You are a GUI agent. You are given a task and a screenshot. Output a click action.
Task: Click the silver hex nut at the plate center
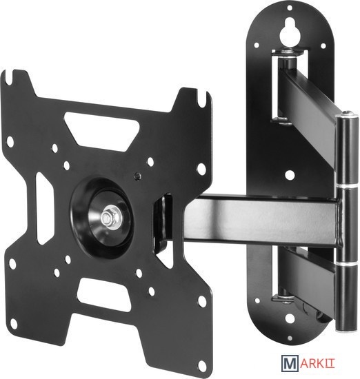pos(107,218)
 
